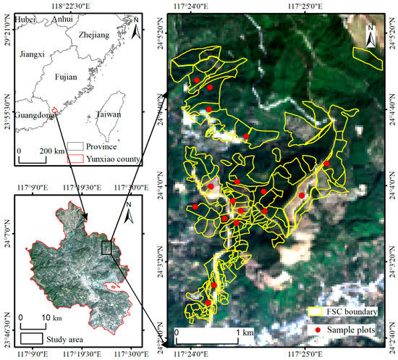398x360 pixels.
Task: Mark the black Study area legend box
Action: tap(30, 337)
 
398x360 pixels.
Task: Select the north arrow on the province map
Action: tap(135, 30)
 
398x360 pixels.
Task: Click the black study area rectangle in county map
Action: tap(107, 248)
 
